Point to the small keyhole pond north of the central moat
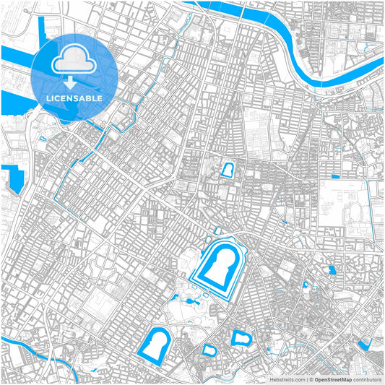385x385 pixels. pos(228,170)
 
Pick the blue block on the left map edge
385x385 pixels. pos(10,178)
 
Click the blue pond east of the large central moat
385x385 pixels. pos(332,270)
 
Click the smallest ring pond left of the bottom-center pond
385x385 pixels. pos(209,351)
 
